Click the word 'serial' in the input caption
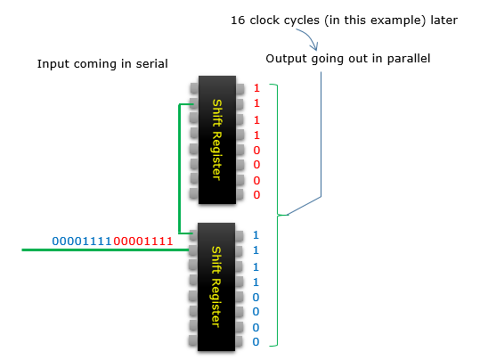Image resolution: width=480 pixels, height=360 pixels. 151,64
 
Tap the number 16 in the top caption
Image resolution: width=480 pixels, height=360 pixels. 238,20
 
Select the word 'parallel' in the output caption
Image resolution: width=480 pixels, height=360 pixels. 409,58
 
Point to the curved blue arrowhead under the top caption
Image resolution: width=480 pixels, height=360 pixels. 314,46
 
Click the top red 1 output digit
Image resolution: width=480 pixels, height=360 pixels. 256,88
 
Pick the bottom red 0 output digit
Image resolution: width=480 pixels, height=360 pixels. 256,195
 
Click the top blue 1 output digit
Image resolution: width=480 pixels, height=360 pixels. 256,235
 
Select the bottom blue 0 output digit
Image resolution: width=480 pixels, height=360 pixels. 256,342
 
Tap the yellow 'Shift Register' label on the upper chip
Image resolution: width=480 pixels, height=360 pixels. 216,140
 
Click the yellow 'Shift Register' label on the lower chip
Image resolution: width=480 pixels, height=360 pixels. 216,287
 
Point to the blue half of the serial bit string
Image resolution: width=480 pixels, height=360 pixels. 82,241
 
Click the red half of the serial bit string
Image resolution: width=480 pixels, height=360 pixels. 143,241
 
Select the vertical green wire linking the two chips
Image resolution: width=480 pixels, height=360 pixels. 179,168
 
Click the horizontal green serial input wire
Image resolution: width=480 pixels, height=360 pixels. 105,250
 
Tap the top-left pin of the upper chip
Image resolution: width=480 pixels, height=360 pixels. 194,88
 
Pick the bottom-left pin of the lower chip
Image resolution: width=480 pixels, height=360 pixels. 193,340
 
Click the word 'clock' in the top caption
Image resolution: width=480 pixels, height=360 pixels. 264,20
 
